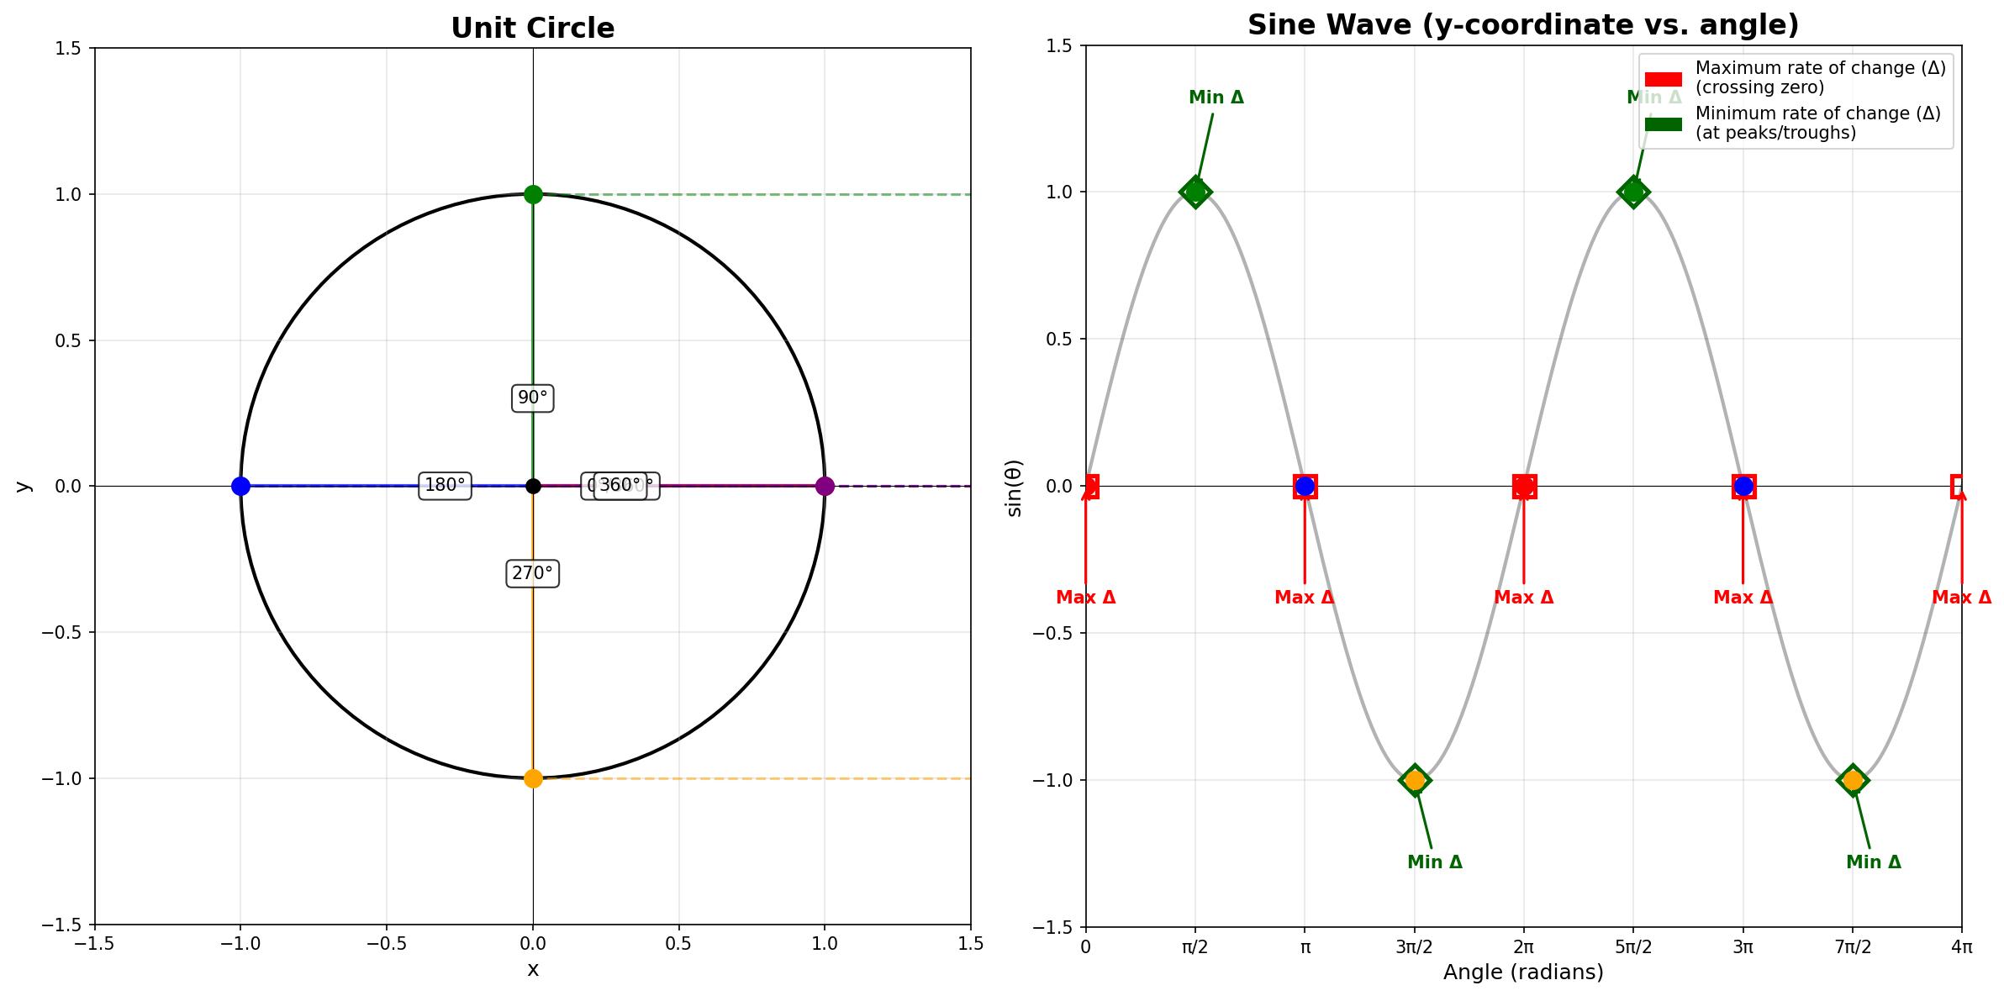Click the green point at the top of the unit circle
tap(533, 194)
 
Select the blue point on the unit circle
tap(240, 486)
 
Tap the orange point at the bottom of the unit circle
tap(533, 778)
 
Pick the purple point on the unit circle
tap(825, 486)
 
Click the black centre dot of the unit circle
tap(533, 486)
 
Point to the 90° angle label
tap(533, 398)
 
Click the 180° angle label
tap(445, 485)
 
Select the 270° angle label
tap(533, 574)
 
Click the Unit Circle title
tap(533, 29)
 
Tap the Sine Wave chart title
tap(1523, 25)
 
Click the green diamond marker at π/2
tap(1195, 192)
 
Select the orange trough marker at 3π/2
tap(1415, 780)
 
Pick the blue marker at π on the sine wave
tap(1305, 486)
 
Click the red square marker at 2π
tap(1524, 486)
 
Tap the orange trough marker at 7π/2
tap(1853, 780)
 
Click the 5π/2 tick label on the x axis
tap(1633, 947)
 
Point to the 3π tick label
tap(1743, 947)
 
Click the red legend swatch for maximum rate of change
tap(1664, 78)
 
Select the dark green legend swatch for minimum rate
tap(1664, 124)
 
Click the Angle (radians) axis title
tap(1523, 972)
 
